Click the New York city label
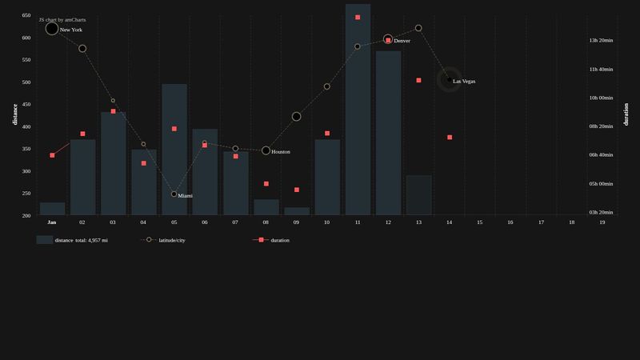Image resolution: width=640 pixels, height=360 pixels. tap(71, 30)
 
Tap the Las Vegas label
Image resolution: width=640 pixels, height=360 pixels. tap(464, 81)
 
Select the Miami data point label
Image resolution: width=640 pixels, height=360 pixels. tap(186, 195)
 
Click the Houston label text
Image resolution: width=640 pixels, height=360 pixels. tap(281, 151)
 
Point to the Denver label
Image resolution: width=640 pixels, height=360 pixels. tap(402, 41)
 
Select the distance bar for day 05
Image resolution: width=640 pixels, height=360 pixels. tap(174, 152)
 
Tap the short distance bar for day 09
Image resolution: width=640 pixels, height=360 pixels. tap(297, 211)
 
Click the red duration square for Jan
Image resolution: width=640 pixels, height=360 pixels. tap(52, 155)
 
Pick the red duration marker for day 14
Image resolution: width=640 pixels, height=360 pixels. tap(450, 138)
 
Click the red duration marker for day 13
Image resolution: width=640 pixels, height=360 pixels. tap(418, 80)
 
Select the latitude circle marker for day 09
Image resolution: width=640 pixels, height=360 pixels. tap(297, 117)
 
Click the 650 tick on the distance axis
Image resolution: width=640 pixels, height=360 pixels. tap(26, 15)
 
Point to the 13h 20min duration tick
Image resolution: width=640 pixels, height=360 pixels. tap(601, 40)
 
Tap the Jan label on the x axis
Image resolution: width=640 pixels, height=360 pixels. tap(52, 222)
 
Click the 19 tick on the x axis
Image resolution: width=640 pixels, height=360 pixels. tap(602, 222)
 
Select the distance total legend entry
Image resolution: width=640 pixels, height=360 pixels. tap(81, 240)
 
